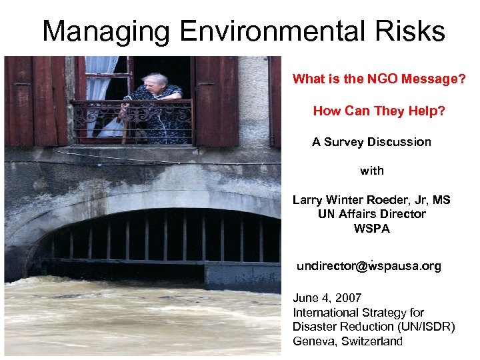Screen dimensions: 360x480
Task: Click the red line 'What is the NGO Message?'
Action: click(379, 79)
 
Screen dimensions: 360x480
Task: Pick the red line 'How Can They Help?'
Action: click(379, 111)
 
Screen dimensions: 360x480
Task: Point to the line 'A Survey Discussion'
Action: click(371, 142)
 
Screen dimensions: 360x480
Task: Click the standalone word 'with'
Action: click(371, 171)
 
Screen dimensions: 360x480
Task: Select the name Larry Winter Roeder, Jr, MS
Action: click(371, 200)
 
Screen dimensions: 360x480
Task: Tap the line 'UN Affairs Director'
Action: click(371, 214)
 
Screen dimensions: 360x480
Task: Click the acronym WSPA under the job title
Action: click(371, 229)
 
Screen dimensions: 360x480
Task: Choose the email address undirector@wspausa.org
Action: click(369, 266)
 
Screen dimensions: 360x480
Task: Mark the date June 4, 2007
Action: click(327, 298)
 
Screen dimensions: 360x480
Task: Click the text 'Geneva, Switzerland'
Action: click(347, 341)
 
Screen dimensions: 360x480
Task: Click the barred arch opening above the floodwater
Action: click(160, 237)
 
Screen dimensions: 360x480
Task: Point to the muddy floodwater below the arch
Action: click(133, 320)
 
